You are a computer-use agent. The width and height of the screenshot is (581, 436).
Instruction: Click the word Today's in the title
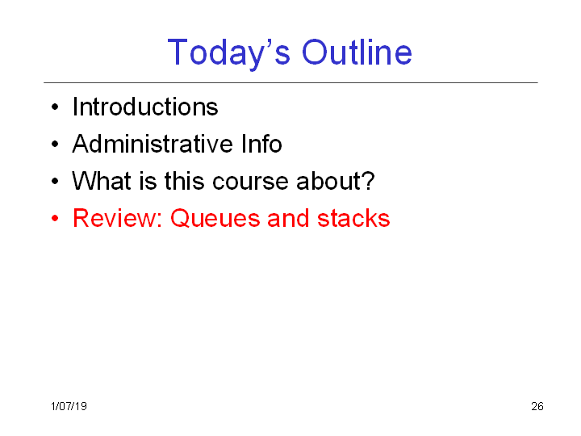click(x=228, y=54)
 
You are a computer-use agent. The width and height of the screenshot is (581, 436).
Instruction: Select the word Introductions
click(x=145, y=107)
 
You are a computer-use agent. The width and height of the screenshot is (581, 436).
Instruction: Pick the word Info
click(x=261, y=144)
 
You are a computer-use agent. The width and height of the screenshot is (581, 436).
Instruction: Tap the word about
click(x=328, y=181)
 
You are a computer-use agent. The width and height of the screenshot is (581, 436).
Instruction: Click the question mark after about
click(x=367, y=181)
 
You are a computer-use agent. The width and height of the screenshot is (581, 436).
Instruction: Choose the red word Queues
click(x=215, y=218)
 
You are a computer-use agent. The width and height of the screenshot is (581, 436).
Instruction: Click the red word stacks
click(x=353, y=218)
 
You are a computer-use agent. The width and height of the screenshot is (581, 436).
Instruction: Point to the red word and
click(x=288, y=218)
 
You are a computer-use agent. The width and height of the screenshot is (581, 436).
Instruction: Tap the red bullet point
click(x=55, y=218)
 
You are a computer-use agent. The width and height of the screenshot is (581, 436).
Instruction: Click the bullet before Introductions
click(x=55, y=107)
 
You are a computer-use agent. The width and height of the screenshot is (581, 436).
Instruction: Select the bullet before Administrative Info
click(x=55, y=144)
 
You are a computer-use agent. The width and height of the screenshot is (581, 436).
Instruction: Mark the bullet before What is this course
click(x=55, y=181)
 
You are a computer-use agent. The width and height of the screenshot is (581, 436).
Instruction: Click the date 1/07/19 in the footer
click(x=69, y=406)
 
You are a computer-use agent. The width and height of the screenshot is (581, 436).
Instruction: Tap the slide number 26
click(x=537, y=406)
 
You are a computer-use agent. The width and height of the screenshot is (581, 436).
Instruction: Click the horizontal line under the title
click(x=290, y=82)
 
